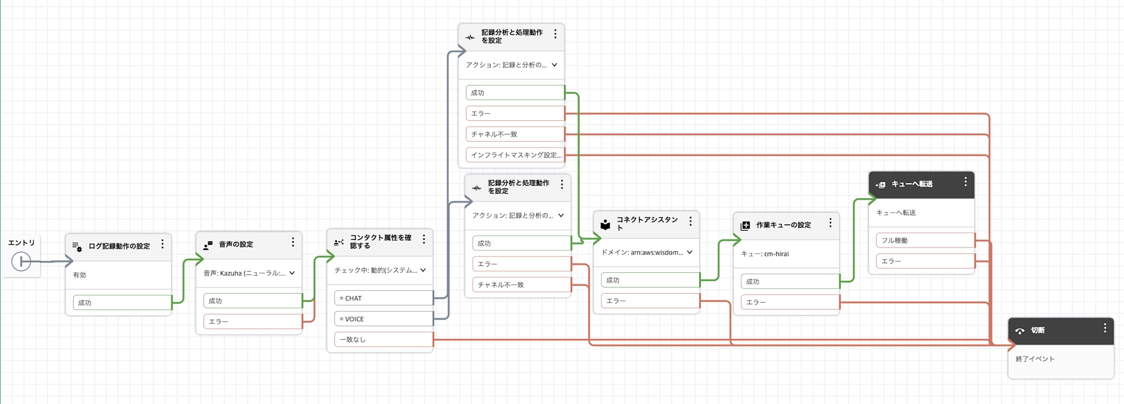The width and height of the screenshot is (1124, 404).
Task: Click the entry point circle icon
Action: click(21, 261)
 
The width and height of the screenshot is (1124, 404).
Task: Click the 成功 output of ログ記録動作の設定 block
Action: click(122, 303)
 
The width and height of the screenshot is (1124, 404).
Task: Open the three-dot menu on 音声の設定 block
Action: click(293, 242)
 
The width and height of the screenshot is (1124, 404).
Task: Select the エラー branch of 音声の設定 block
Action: click(252, 322)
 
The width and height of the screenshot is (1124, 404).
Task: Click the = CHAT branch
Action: click(383, 298)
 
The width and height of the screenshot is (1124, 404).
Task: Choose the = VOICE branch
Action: click(383, 319)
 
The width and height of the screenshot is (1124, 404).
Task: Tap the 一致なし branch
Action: click(383, 340)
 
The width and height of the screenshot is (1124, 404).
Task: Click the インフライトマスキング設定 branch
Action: click(515, 155)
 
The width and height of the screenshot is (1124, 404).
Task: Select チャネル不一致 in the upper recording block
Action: click(515, 134)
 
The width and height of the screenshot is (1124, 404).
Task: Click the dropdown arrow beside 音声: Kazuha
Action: click(292, 273)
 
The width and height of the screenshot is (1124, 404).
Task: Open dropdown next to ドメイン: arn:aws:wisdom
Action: click(690, 252)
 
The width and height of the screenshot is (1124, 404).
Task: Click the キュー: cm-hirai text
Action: click(764, 254)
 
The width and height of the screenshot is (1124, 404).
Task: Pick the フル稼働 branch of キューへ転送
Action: click(924, 240)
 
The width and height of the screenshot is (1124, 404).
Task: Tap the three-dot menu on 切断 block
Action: click(1105, 327)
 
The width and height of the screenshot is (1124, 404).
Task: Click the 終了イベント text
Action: click(1035, 359)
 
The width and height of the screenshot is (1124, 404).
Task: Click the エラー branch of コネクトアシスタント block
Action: click(650, 301)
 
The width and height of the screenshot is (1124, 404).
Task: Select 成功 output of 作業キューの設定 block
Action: click(790, 281)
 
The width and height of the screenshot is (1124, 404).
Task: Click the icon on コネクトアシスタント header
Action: click(605, 225)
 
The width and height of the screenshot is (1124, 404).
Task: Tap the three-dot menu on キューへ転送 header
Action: click(966, 182)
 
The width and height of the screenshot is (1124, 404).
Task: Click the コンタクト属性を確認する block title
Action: click(380, 241)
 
